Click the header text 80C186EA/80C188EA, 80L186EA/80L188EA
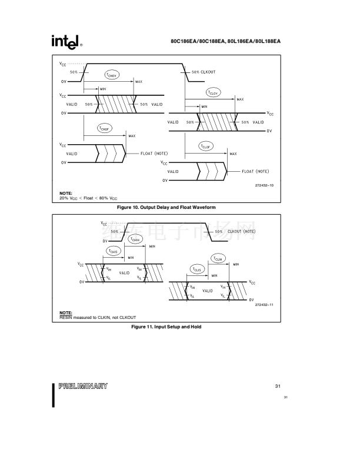tap(225, 41)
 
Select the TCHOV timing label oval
tap(112, 75)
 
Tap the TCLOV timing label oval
tap(213, 92)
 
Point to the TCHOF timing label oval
tap(105, 129)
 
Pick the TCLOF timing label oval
tap(206, 146)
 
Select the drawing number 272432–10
tap(265, 185)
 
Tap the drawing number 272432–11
tap(265, 304)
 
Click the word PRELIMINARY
tap(83, 386)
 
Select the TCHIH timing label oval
tap(135, 239)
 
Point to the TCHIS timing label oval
tap(114, 251)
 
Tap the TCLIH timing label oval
tap(218, 259)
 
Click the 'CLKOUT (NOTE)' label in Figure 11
tap(235, 232)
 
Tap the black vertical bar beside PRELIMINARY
tap(55, 394)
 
